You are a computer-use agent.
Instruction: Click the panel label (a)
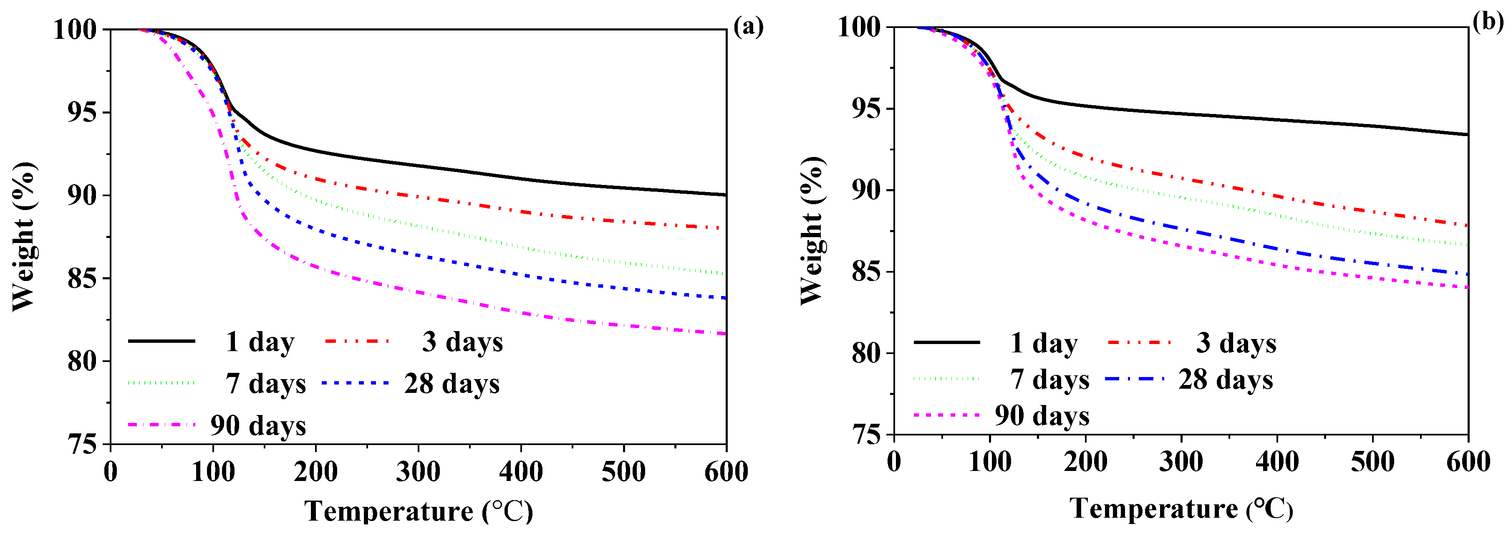[749, 27]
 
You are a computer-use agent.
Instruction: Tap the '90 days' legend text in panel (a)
[258, 425]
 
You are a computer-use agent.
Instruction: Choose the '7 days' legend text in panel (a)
[266, 384]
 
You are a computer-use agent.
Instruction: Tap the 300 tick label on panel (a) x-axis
[418, 472]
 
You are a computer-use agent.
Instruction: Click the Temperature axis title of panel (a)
[418, 511]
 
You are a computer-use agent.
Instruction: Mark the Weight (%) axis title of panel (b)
[813, 230]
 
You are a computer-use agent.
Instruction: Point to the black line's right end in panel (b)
[1467, 134]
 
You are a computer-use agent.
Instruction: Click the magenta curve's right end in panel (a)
[725, 333]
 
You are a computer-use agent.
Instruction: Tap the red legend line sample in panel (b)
[1139, 342]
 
